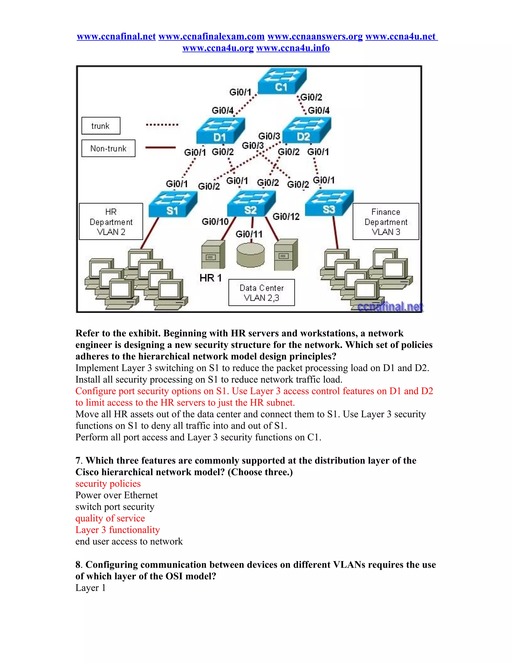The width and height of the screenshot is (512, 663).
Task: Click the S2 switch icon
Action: (x=251, y=203)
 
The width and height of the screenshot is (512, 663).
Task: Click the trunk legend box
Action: (x=101, y=126)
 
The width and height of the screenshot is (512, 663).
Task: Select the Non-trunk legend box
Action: (x=108, y=148)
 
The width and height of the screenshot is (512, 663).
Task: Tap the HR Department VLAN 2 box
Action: (x=111, y=222)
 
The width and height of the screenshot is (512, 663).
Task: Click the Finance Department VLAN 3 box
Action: (x=386, y=222)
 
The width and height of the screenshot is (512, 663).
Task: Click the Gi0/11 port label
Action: (x=249, y=234)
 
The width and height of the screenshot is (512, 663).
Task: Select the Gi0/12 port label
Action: (x=286, y=216)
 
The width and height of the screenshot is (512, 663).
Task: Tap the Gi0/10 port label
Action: (x=215, y=222)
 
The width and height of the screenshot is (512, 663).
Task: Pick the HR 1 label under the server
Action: (x=210, y=278)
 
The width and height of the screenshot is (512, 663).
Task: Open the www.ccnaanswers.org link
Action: (x=315, y=37)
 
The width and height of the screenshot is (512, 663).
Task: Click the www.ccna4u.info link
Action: (x=293, y=48)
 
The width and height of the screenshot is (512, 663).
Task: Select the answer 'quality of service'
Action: (x=110, y=518)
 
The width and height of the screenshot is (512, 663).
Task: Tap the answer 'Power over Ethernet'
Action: (x=116, y=495)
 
